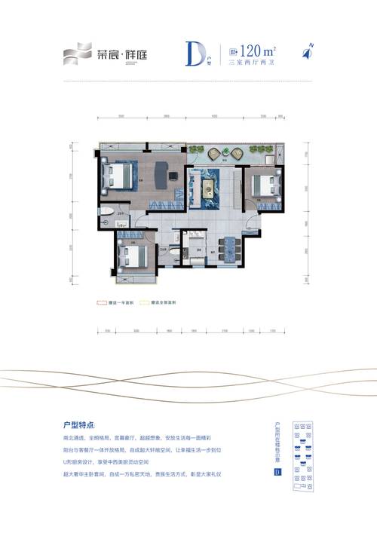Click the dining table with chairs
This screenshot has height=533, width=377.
[228, 246]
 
